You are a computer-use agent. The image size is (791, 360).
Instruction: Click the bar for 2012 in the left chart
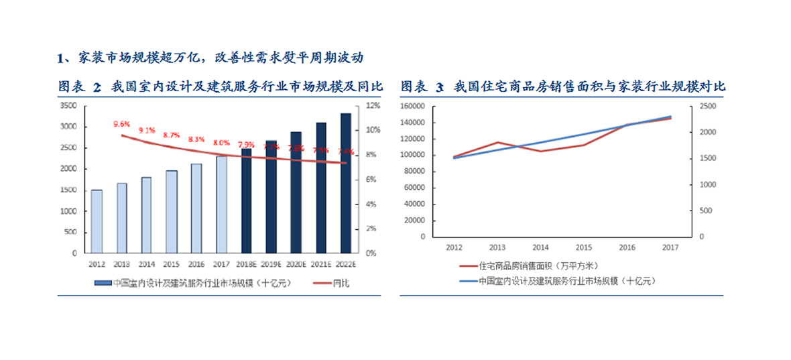97,221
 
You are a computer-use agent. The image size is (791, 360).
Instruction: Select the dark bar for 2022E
346,183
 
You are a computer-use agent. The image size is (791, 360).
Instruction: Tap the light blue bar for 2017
221,204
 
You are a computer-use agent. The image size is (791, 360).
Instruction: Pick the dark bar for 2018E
246,201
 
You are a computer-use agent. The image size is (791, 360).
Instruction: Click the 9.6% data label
121,124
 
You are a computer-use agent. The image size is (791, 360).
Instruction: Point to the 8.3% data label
196,139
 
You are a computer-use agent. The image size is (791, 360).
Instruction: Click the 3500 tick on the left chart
68,106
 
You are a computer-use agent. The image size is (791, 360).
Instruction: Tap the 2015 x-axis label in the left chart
172,263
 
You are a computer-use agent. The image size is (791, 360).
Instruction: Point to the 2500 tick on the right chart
709,106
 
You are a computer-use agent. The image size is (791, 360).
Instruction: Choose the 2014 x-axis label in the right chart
541,247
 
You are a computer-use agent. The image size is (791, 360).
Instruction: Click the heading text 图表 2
79,86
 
